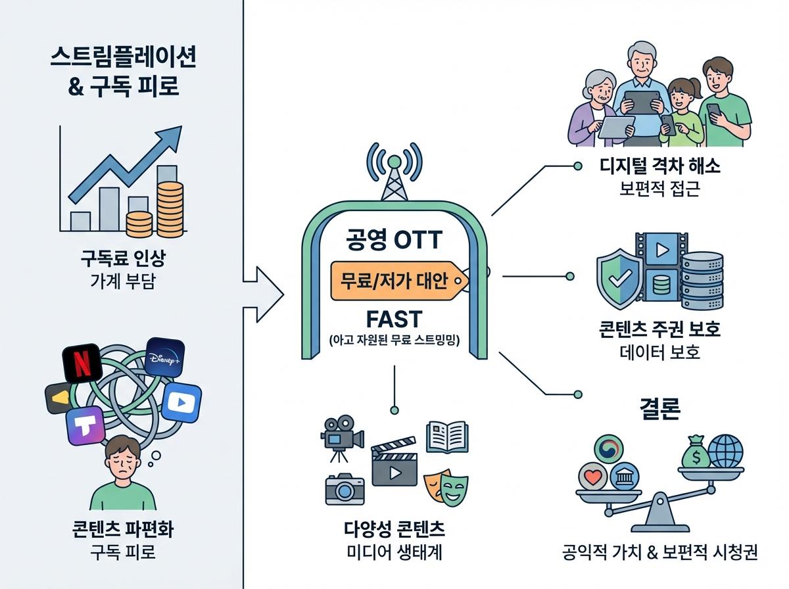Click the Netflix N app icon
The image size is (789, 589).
pyautogui.click(x=82, y=364)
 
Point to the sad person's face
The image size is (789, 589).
pyautogui.click(x=124, y=461)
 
